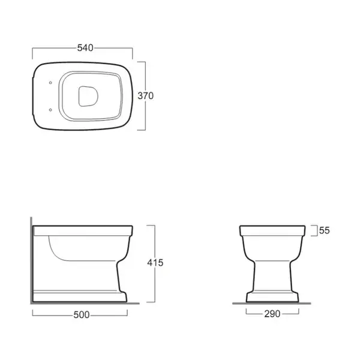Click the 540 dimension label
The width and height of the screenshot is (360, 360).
(x=85, y=48)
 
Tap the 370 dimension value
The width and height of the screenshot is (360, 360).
(x=146, y=96)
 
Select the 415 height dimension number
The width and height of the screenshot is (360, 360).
(x=155, y=263)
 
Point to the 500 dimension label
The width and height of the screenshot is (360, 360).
(x=82, y=315)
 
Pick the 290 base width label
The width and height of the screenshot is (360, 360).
(x=272, y=314)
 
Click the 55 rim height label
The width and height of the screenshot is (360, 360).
(x=325, y=230)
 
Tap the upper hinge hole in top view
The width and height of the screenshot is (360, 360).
(x=50, y=83)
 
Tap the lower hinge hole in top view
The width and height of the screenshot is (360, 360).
(x=50, y=110)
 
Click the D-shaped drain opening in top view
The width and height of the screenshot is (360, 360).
(x=88, y=97)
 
